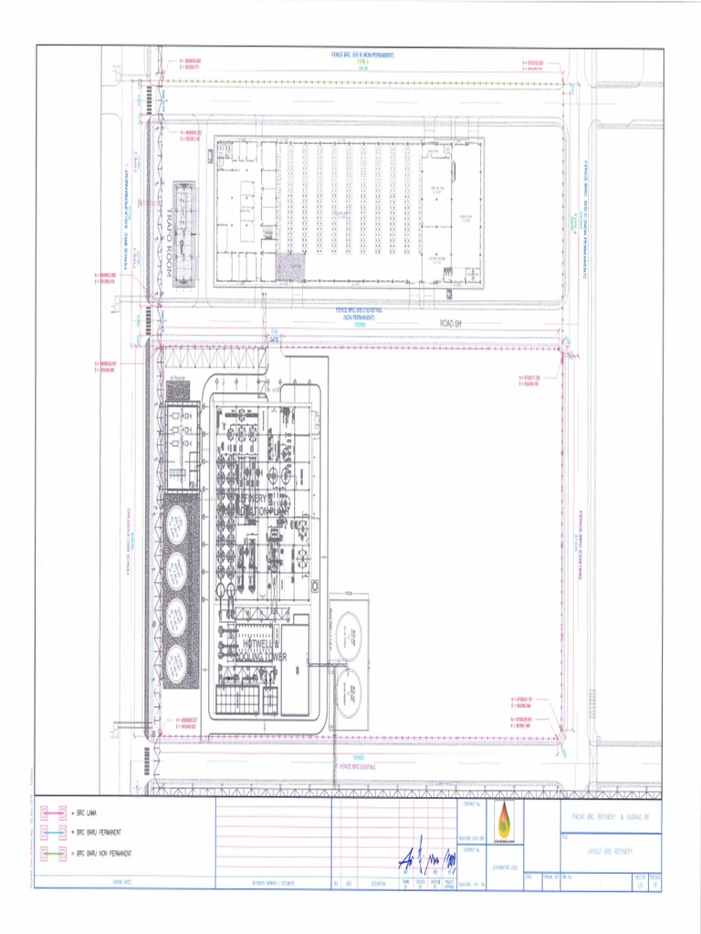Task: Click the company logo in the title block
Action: (x=503, y=816)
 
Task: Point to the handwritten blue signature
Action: (x=424, y=858)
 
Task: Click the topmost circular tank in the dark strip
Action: (x=176, y=523)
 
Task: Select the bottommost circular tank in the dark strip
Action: (x=176, y=662)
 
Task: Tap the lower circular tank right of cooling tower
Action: (x=348, y=690)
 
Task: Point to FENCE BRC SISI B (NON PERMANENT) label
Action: (x=362, y=56)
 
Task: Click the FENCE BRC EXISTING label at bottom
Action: (x=358, y=766)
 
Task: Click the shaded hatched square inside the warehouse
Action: (x=290, y=266)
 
